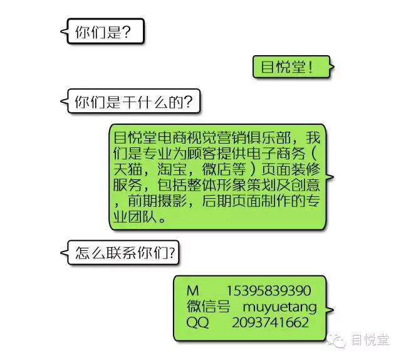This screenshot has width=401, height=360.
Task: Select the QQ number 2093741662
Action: [x=270, y=322]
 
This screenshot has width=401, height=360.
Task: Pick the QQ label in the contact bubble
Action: [x=197, y=322]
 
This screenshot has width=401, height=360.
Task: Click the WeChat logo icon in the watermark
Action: [x=339, y=340]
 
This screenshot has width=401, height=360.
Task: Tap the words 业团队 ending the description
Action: [x=137, y=218]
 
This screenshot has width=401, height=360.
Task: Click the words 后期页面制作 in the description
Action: [x=250, y=201]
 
